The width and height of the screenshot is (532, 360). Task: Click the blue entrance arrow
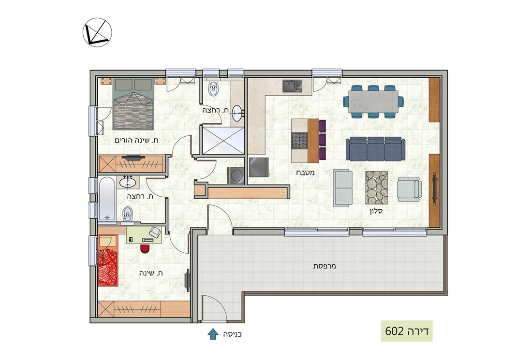[213, 334]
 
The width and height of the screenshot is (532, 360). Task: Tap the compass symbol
[97, 32]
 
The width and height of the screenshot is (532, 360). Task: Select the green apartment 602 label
[406, 331]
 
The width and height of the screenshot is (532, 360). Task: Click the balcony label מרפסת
[325, 266]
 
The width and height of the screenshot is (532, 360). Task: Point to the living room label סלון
[376, 211]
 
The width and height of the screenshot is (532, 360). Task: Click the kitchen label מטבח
[305, 173]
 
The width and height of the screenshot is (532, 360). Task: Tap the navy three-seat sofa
[375, 149]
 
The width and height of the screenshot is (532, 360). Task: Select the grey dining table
[373, 101]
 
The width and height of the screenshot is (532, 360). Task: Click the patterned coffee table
[376, 187]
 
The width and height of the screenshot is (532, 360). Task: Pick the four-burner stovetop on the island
[299, 141]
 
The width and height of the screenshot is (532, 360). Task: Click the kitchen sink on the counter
[292, 86]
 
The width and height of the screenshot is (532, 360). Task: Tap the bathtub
[107, 199]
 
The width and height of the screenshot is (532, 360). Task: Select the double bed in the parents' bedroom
[133, 104]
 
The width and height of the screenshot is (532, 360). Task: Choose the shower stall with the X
[223, 141]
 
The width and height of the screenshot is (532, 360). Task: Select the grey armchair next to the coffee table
[409, 189]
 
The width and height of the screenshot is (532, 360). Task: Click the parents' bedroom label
[136, 140]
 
